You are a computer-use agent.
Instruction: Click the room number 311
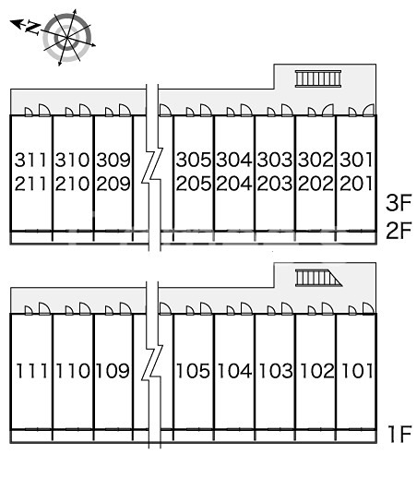31,160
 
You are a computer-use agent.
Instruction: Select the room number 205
194,184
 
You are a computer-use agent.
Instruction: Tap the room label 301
356,160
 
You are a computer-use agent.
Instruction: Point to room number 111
31,371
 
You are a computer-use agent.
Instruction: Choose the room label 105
194,371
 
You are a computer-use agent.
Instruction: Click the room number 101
357,371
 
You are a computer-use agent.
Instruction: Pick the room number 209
113,184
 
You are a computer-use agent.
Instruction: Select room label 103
276,371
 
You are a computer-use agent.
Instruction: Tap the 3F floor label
399,203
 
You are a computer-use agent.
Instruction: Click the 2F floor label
399,231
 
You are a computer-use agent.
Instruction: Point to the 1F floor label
400,434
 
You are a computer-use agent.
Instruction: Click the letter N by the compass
32,28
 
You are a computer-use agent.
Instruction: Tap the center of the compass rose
67,38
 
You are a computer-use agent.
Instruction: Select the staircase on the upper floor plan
318,78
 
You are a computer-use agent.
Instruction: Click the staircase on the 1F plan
318,278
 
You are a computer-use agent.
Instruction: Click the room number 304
234,160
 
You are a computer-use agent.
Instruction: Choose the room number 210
72,184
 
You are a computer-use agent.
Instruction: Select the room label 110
73,371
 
